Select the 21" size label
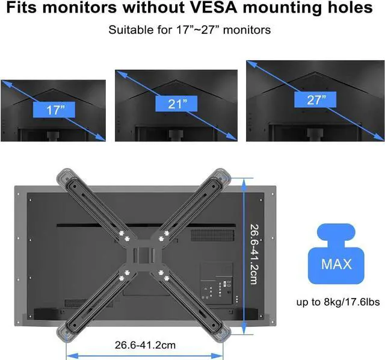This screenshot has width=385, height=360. coord(178,104)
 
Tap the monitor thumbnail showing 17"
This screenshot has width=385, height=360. coord(53,111)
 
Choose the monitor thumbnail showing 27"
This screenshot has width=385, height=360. coord(315,100)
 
